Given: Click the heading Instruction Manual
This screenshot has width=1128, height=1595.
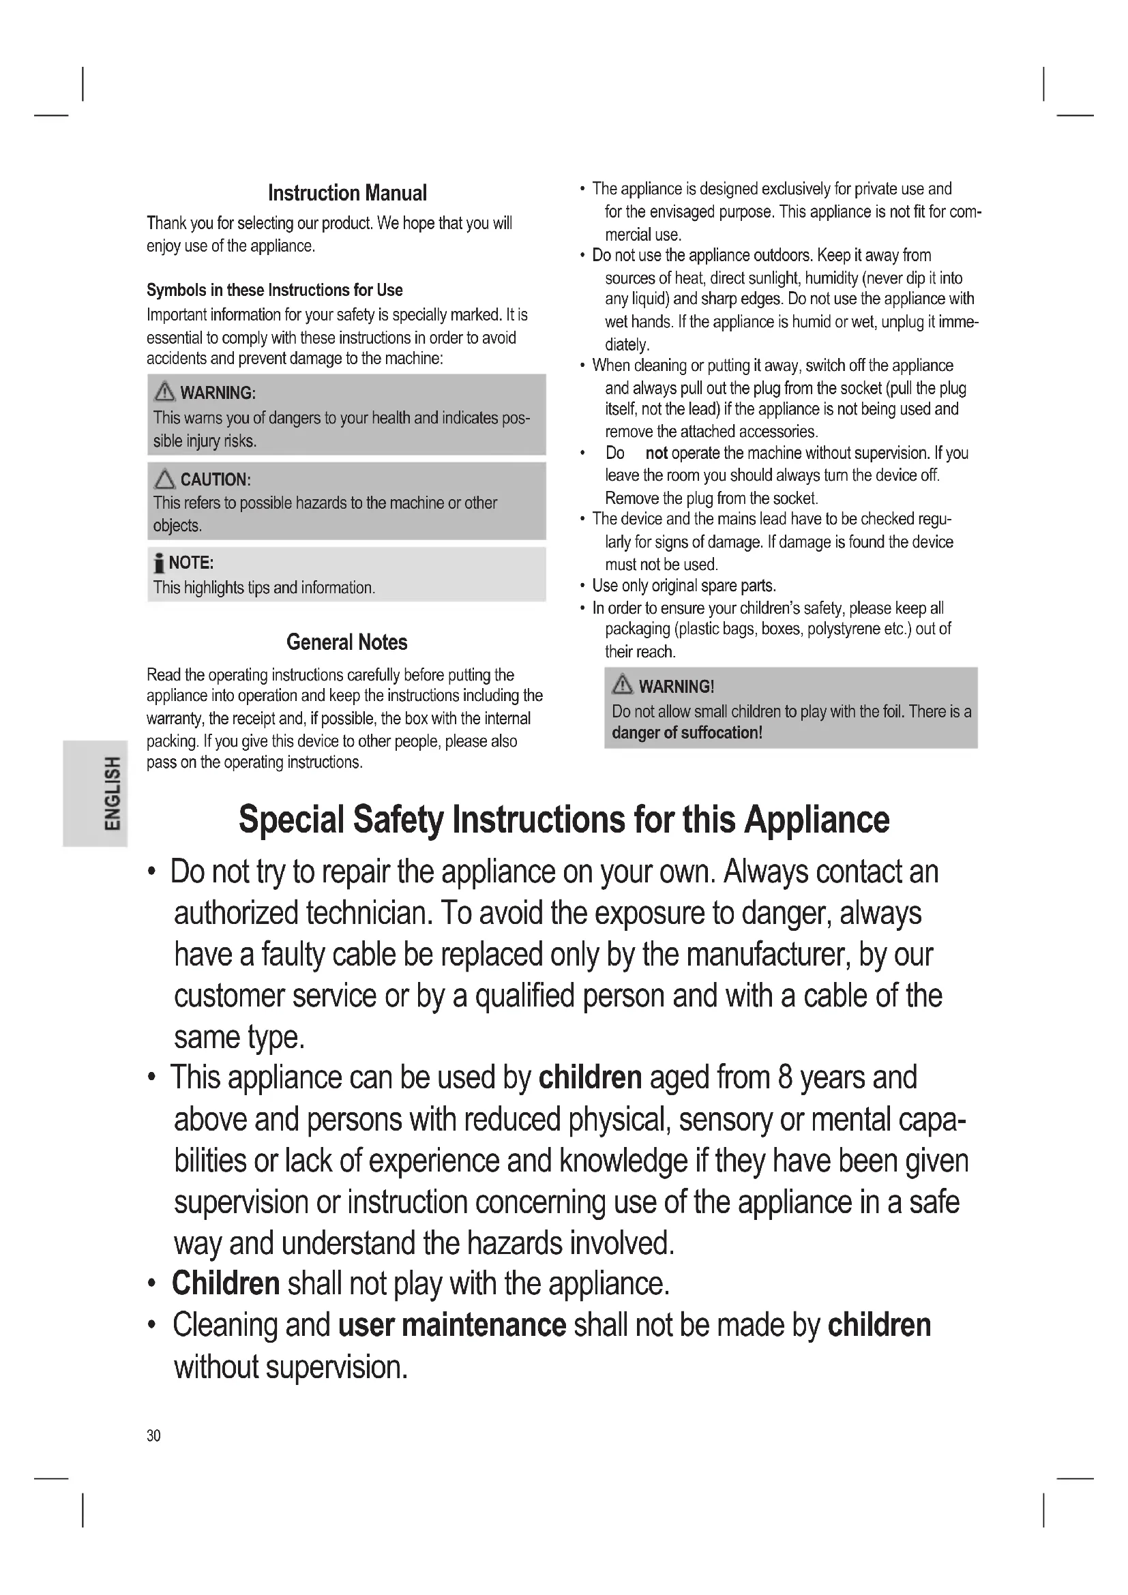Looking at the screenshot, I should coord(347,193).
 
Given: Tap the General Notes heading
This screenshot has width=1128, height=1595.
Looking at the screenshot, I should coord(346,642).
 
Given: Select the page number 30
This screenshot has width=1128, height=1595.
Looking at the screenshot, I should coord(153,1435).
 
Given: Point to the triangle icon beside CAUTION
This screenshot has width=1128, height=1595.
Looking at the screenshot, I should coord(164,479).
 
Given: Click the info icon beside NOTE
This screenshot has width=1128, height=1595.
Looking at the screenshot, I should coord(159,563).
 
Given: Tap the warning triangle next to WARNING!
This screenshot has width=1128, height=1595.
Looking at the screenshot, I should coord(623,685).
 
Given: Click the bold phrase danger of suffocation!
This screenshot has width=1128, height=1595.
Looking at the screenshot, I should coord(687,733).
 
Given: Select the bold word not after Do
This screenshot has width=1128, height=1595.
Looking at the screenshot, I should coord(656,453).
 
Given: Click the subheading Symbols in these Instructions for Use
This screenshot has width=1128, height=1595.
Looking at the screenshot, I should coord(274,290).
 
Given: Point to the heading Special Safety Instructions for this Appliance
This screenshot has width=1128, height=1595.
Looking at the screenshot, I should coord(563,820).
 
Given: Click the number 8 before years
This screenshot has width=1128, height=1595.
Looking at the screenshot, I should coord(785,1077).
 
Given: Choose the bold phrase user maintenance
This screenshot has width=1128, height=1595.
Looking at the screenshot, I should coord(452,1325).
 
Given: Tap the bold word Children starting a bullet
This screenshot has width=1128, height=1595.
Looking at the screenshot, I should coord(226,1283).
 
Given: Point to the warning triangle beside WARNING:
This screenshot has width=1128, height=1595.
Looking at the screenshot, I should coord(164,393).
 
